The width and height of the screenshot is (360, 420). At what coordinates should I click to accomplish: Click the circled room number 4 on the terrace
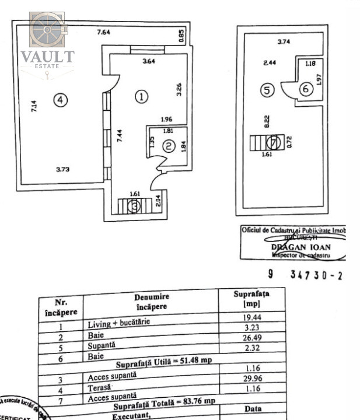coord(60,100)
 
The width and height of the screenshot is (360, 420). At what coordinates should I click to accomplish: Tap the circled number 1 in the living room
coord(140,97)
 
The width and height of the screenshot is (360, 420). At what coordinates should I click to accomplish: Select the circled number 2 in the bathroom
coord(168,147)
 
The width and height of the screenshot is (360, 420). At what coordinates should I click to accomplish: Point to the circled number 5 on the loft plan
coord(267,90)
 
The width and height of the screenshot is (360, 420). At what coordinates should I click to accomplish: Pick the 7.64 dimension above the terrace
coord(103,33)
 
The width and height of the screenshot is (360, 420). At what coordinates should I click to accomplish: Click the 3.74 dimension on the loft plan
coord(284,41)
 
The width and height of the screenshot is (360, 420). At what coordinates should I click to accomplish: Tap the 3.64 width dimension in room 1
coord(148,60)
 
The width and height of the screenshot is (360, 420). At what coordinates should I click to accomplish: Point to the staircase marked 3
coord(134,206)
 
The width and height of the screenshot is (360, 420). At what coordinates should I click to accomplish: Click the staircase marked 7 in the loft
coord(267,142)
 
